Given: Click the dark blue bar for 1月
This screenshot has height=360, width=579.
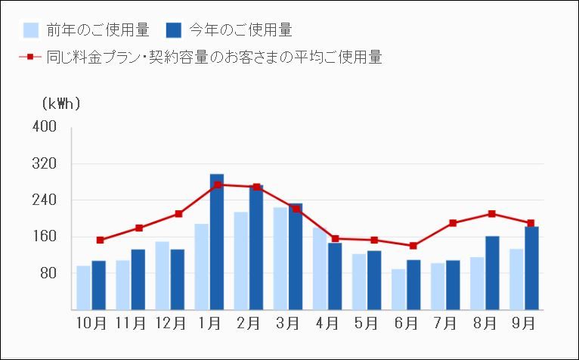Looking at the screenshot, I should pos(217,242).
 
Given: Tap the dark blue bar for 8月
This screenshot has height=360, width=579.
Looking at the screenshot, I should pos(492,273).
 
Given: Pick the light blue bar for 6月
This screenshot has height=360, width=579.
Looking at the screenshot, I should pos(398,290).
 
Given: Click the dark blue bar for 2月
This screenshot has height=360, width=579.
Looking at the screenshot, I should pos(256,247).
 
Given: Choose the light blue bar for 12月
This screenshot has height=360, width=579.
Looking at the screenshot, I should pos(163,276).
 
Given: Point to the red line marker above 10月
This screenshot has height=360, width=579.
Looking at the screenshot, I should pos(100,240).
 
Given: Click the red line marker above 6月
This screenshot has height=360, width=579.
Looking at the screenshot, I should pos(413,246).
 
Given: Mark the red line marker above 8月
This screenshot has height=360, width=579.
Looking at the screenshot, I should pos(492,214).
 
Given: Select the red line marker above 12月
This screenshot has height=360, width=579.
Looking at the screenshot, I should pos(178,214).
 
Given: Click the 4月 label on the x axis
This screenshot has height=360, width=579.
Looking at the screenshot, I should pos(327,324).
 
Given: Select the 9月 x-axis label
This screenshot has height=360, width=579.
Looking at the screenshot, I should pos(524,324).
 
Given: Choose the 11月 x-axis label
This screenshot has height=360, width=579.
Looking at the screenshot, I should pos(131,324).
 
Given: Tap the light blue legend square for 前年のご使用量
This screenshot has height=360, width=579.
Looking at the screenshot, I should pos(31,30).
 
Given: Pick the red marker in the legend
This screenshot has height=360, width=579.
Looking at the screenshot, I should pos(29,57).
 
